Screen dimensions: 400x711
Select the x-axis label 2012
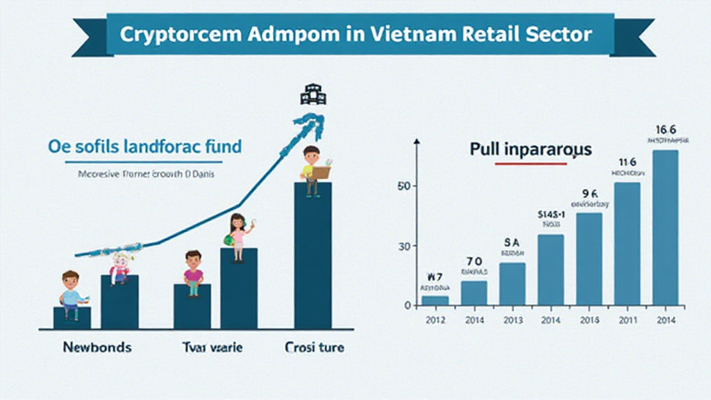435,319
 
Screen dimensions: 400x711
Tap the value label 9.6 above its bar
589,194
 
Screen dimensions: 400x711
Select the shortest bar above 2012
435,300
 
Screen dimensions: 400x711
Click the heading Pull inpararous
530,149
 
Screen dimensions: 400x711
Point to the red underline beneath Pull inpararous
530,164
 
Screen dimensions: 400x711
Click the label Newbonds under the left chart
97,347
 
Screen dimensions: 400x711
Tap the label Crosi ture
315,347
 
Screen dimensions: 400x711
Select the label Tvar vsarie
212,347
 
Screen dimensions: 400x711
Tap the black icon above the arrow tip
312,94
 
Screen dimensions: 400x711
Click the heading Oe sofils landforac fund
145,147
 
